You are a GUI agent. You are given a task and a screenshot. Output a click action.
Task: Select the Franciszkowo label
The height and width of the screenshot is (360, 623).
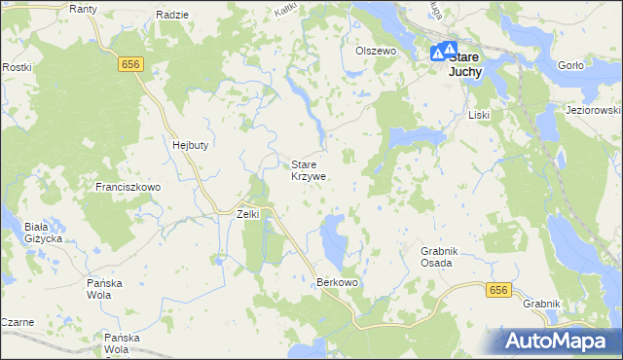tap(128, 186)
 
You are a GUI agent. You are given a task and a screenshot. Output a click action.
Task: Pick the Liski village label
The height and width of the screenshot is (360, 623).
tap(478, 115)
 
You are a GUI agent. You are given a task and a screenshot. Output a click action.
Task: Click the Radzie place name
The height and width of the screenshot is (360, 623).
tap(171, 16)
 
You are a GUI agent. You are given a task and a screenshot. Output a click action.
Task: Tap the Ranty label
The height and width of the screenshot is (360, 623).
tap(83, 9)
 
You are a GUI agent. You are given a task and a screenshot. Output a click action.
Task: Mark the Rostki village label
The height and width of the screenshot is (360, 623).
tap(17, 67)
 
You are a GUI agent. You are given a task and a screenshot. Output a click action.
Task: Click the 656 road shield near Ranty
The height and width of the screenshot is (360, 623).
tap(132, 63)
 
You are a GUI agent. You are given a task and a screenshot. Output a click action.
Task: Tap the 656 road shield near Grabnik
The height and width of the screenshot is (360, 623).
tap(498, 290)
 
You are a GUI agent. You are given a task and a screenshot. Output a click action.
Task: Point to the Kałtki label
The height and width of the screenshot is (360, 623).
tap(285, 9)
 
